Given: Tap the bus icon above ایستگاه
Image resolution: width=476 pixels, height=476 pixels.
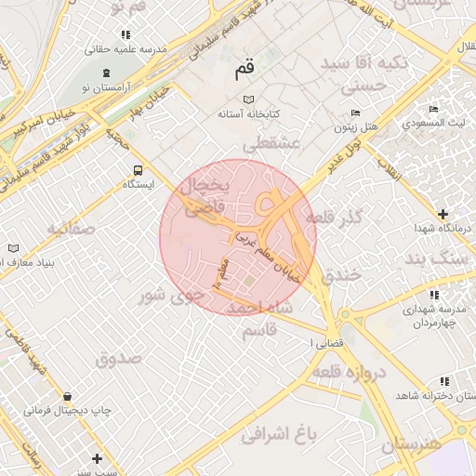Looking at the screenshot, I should click(138, 170).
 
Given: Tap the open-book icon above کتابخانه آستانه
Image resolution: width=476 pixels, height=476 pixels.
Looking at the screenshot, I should click(247, 99).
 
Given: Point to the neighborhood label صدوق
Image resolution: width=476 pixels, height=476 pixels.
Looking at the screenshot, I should click(118, 357).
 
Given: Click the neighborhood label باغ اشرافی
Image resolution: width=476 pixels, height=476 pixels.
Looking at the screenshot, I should click(279, 433).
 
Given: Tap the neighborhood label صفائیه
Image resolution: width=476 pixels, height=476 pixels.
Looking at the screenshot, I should click(72, 228).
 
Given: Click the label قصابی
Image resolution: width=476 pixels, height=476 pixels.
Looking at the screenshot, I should click(325, 342).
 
